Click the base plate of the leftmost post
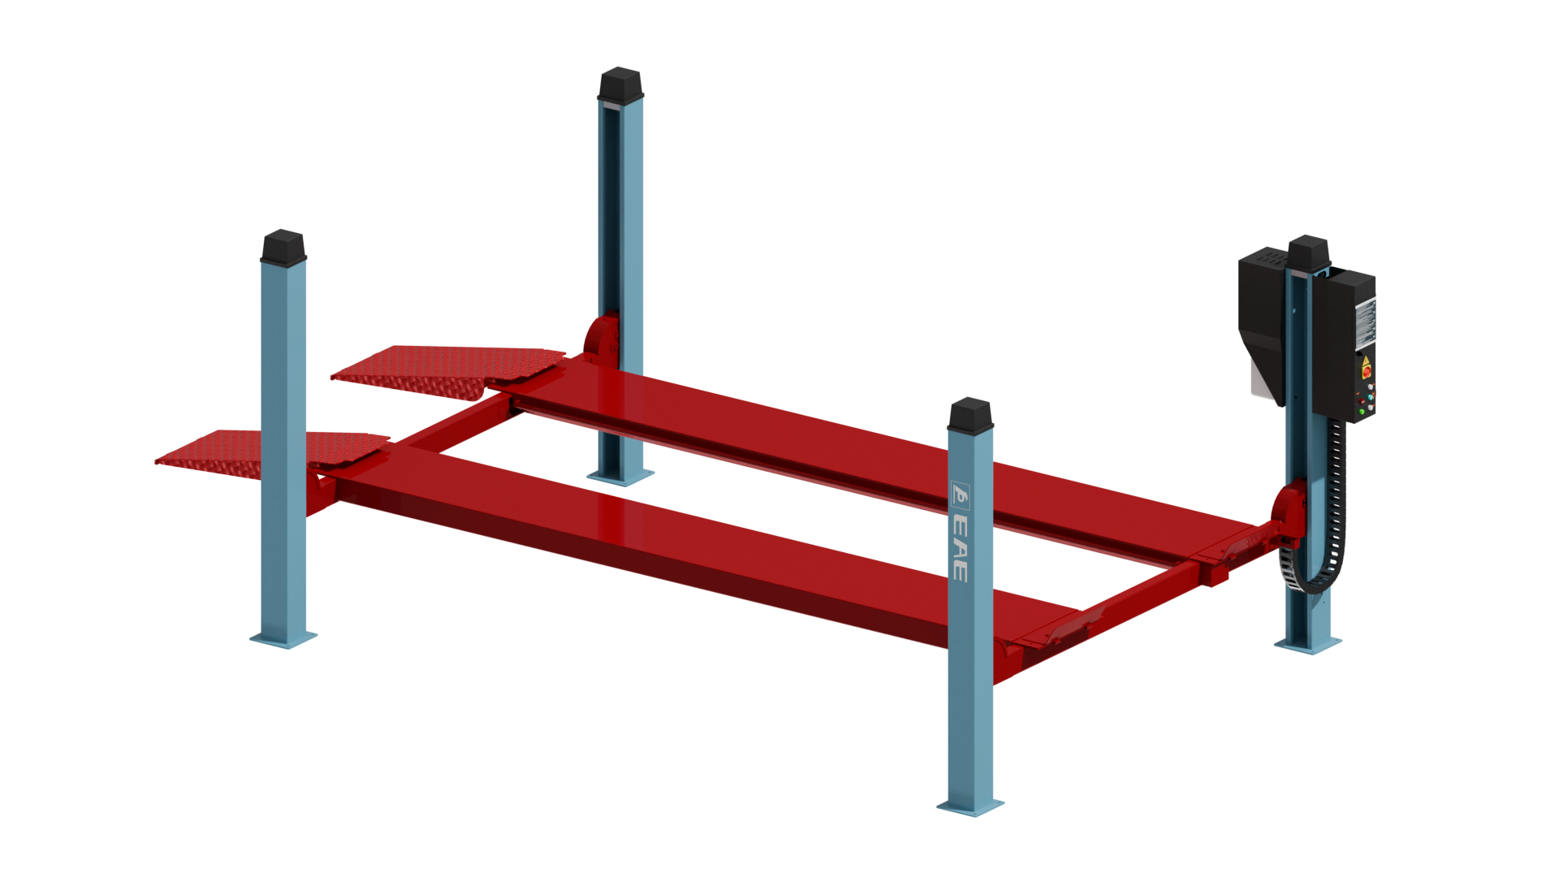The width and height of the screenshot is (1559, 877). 283,639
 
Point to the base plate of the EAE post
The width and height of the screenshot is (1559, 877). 970,806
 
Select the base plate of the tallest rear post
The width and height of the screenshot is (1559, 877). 620,477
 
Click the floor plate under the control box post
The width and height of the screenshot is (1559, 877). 1307,644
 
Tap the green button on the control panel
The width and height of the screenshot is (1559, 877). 1362,412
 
